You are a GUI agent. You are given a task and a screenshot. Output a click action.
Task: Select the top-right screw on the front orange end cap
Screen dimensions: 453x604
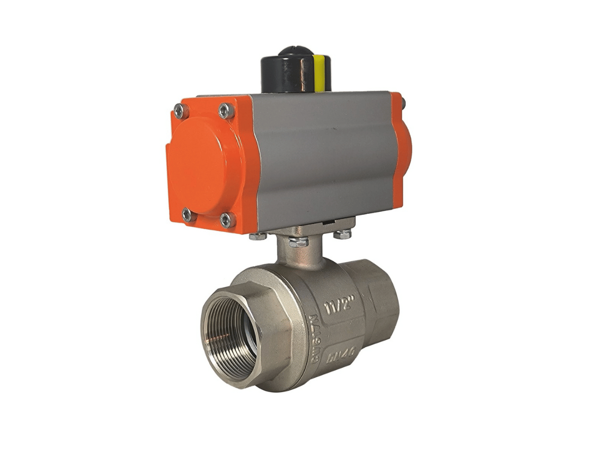click(226, 110)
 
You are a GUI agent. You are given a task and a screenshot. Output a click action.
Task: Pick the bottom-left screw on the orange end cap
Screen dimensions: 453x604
click(187, 215)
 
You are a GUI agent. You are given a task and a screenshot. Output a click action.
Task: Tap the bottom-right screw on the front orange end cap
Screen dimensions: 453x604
click(228, 219)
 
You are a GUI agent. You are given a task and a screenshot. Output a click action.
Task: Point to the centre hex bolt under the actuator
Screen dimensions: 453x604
click(298, 242)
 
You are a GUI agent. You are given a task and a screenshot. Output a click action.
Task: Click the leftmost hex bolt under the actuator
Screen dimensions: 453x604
click(258, 236)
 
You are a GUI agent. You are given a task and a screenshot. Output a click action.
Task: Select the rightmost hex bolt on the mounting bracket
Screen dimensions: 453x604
click(343, 234)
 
